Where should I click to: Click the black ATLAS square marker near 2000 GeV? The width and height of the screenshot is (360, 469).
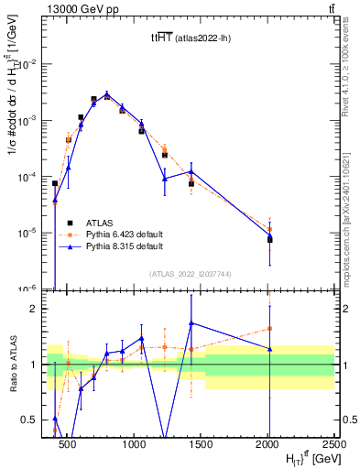(x=269, y=240)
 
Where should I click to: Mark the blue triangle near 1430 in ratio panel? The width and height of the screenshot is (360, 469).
(x=191, y=322)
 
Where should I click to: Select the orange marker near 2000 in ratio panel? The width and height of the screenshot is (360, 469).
(x=269, y=329)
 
